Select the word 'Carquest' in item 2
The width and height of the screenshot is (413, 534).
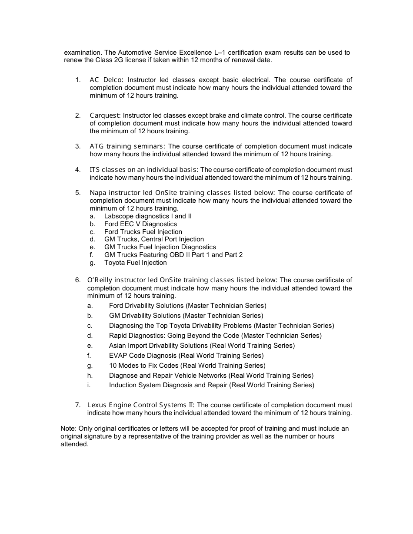tap(105, 115)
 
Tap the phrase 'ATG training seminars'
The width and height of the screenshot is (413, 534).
tap(127, 146)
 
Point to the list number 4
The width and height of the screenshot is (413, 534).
tap(77, 170)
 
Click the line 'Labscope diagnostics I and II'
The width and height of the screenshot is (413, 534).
tap(148, 216)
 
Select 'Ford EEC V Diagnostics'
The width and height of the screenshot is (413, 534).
tap(140, 224)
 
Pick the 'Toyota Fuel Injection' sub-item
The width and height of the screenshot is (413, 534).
tap(135, 263)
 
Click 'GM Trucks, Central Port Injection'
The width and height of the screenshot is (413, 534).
tap(154, 239)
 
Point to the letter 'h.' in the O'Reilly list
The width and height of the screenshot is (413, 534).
tap(90, 376)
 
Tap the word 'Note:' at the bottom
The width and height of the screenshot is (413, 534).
tap(69, 429)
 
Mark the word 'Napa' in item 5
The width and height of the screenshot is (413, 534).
tap(98, 193)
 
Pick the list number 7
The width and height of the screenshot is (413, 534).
tap(77, 405)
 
